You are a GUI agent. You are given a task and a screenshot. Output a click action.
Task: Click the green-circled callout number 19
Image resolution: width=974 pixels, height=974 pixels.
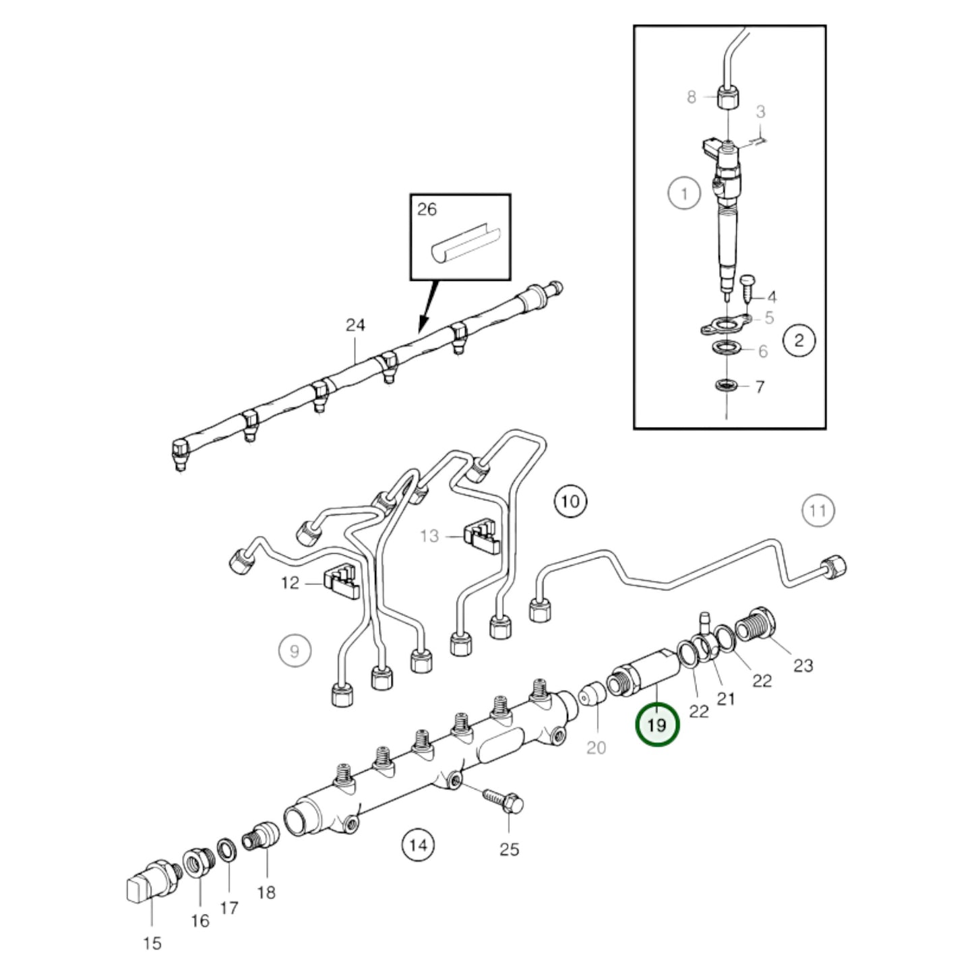[657, 725]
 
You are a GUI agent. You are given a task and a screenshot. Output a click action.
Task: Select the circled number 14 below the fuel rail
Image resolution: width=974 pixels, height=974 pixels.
[418, 844]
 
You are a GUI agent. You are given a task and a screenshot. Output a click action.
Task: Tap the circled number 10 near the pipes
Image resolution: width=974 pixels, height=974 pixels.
[570, 501]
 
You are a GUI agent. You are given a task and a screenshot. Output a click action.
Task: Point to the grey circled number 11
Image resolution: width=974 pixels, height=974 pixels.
[817, 510]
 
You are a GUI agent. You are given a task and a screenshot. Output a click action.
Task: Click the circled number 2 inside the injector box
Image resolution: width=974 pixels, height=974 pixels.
[799, 340]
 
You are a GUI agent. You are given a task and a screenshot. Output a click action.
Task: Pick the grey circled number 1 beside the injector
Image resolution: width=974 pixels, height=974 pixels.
[685, 194]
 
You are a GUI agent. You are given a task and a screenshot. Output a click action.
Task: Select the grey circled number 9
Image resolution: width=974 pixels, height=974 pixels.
[295, 651]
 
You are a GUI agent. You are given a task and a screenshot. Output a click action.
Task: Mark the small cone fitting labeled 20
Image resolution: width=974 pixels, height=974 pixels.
[591, 694]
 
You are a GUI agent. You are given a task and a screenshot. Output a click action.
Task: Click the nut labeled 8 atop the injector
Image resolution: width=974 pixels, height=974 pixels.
[727, 98]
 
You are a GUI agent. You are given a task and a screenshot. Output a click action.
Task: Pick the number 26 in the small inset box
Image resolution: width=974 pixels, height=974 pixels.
[427, 210]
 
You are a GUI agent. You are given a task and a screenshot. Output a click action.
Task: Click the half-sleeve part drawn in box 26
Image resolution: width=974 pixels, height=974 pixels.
[465, 247]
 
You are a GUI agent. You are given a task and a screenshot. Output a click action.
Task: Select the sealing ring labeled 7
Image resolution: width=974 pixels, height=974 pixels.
[727, 387]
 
